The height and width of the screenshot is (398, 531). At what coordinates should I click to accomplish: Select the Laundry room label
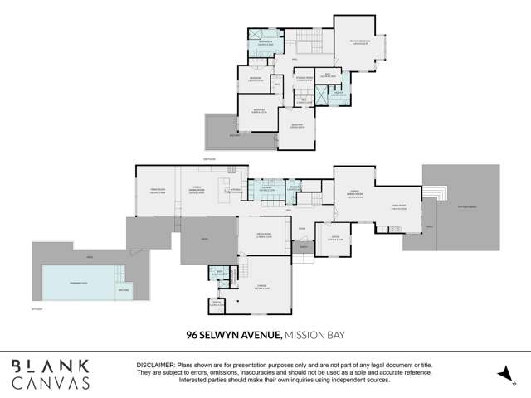tap(267, 189)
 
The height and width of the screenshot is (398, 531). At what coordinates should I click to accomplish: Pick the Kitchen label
tap(236, 190)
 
